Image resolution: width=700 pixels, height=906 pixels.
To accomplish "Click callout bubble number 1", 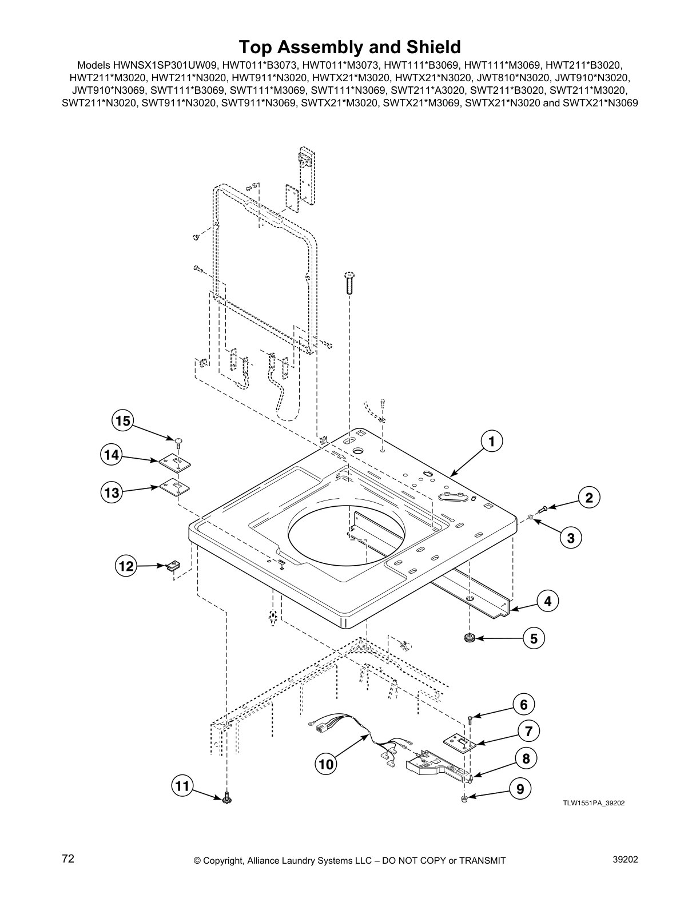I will [x=491, y=441].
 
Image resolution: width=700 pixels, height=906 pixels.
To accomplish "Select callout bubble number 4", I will [x=547, y=601].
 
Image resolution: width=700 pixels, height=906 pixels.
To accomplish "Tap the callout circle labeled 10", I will [x=325, y=764].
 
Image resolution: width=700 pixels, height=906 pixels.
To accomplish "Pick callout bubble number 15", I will [x=122, y=421].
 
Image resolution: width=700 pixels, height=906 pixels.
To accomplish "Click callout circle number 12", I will [x=125, y=567].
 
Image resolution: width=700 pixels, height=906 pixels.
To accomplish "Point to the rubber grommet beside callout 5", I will [x=471, y=638].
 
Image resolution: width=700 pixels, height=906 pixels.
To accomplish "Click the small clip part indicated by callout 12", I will [x=173, y=566].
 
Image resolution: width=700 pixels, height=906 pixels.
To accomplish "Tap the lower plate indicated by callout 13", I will [x=174, y=487].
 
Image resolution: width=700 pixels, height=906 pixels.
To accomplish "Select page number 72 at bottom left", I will [x=68, y=859].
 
